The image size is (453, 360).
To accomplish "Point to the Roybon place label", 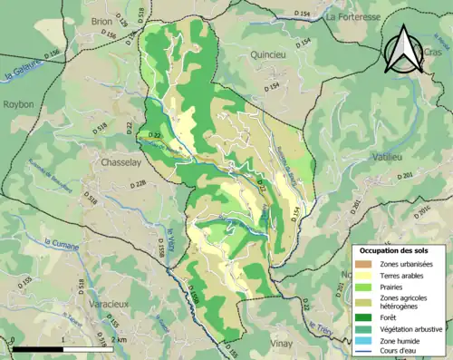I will tap(17, 104).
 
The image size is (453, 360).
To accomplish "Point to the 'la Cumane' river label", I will tap(60, 242).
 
